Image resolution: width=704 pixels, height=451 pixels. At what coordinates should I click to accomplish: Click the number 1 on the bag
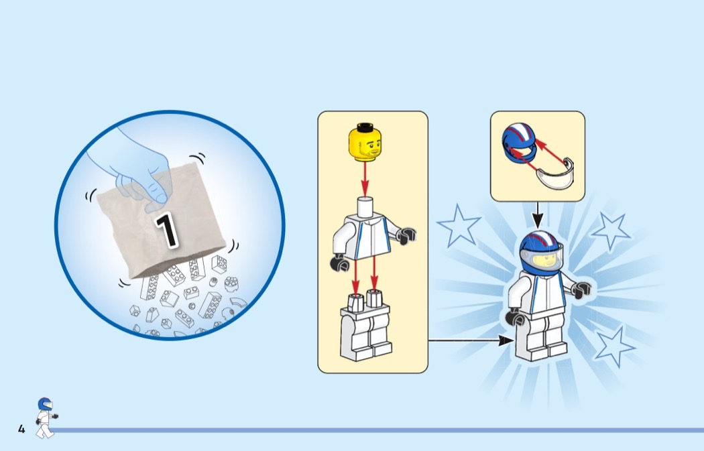[x=167, y=231]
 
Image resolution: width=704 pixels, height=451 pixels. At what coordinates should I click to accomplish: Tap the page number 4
[x=21, y=429]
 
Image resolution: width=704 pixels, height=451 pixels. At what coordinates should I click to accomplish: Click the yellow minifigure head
[x=365, y=142]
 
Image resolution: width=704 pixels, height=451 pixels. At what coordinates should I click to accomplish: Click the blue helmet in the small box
[x=519, y=143]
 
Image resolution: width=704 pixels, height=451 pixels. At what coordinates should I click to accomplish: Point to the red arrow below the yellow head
[x=365, y=180]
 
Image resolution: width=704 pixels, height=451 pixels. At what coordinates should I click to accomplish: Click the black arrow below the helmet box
[x=538, y=214]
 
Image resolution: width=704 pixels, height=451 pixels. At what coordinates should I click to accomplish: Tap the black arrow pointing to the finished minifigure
[x=471, y=340]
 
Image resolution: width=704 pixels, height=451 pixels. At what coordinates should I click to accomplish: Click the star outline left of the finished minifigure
[x=459, y=226]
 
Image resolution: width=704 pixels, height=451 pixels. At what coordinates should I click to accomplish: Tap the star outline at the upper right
[x=610, y=231]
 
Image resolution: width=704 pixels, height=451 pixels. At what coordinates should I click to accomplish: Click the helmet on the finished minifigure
[x=541, y=251]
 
